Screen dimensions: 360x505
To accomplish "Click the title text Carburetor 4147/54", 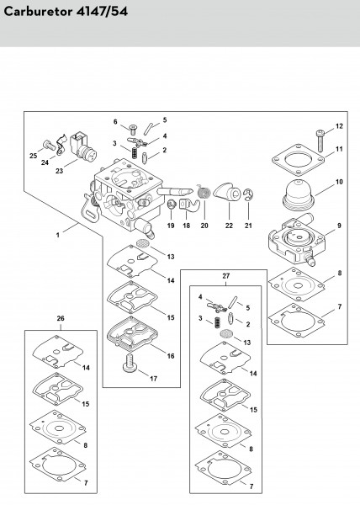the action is [66, 12].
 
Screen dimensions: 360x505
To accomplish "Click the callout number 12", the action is [339, 126].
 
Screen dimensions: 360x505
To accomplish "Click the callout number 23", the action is [59, 171].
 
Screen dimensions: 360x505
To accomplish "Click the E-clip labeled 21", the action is [248, 195].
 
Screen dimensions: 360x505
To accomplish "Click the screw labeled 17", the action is [130, 363].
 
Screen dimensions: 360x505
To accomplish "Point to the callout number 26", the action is [61, 318].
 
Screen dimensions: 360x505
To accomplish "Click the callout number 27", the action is [226, 276].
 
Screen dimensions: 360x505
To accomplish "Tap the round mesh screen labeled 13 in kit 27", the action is [226, 333].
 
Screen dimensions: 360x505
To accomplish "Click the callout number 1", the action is [58, 235].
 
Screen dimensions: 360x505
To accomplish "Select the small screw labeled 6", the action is [132, 130].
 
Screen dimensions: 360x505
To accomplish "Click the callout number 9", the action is [339, 226].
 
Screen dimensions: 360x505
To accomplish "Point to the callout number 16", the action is [171, 356].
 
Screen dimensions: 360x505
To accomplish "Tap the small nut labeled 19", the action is [171, 205].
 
